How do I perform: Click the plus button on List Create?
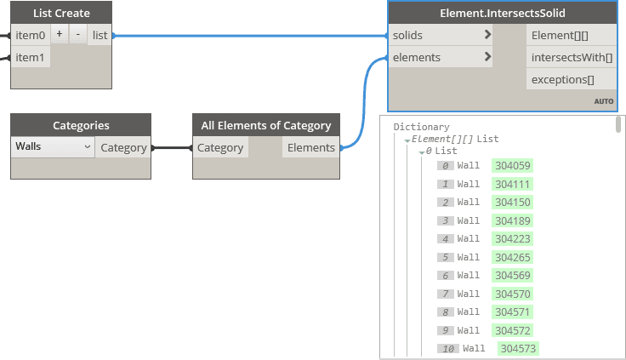[x=60, y=35]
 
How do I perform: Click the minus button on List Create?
[x=78, y=35]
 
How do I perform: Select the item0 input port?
[x=30, y=36]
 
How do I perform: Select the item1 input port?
[x=30, y=57]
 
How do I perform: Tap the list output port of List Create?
[x=100, y=35]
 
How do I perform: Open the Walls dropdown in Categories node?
[x=53, y=147]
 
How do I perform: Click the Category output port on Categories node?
[x=123, y=147]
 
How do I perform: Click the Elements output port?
[x=310, y=147]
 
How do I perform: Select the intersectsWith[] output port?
[x=571, y=57]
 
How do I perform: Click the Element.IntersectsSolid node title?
[x=503, y=13]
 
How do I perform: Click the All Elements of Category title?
[x=265, y=125]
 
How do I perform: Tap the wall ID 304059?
[x=512, y=165]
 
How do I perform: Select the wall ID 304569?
[x=512, y=275]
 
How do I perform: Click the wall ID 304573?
[x=517, y=348]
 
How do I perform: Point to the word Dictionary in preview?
[x=421, y=127]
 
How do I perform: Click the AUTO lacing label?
[x=603, y=101]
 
